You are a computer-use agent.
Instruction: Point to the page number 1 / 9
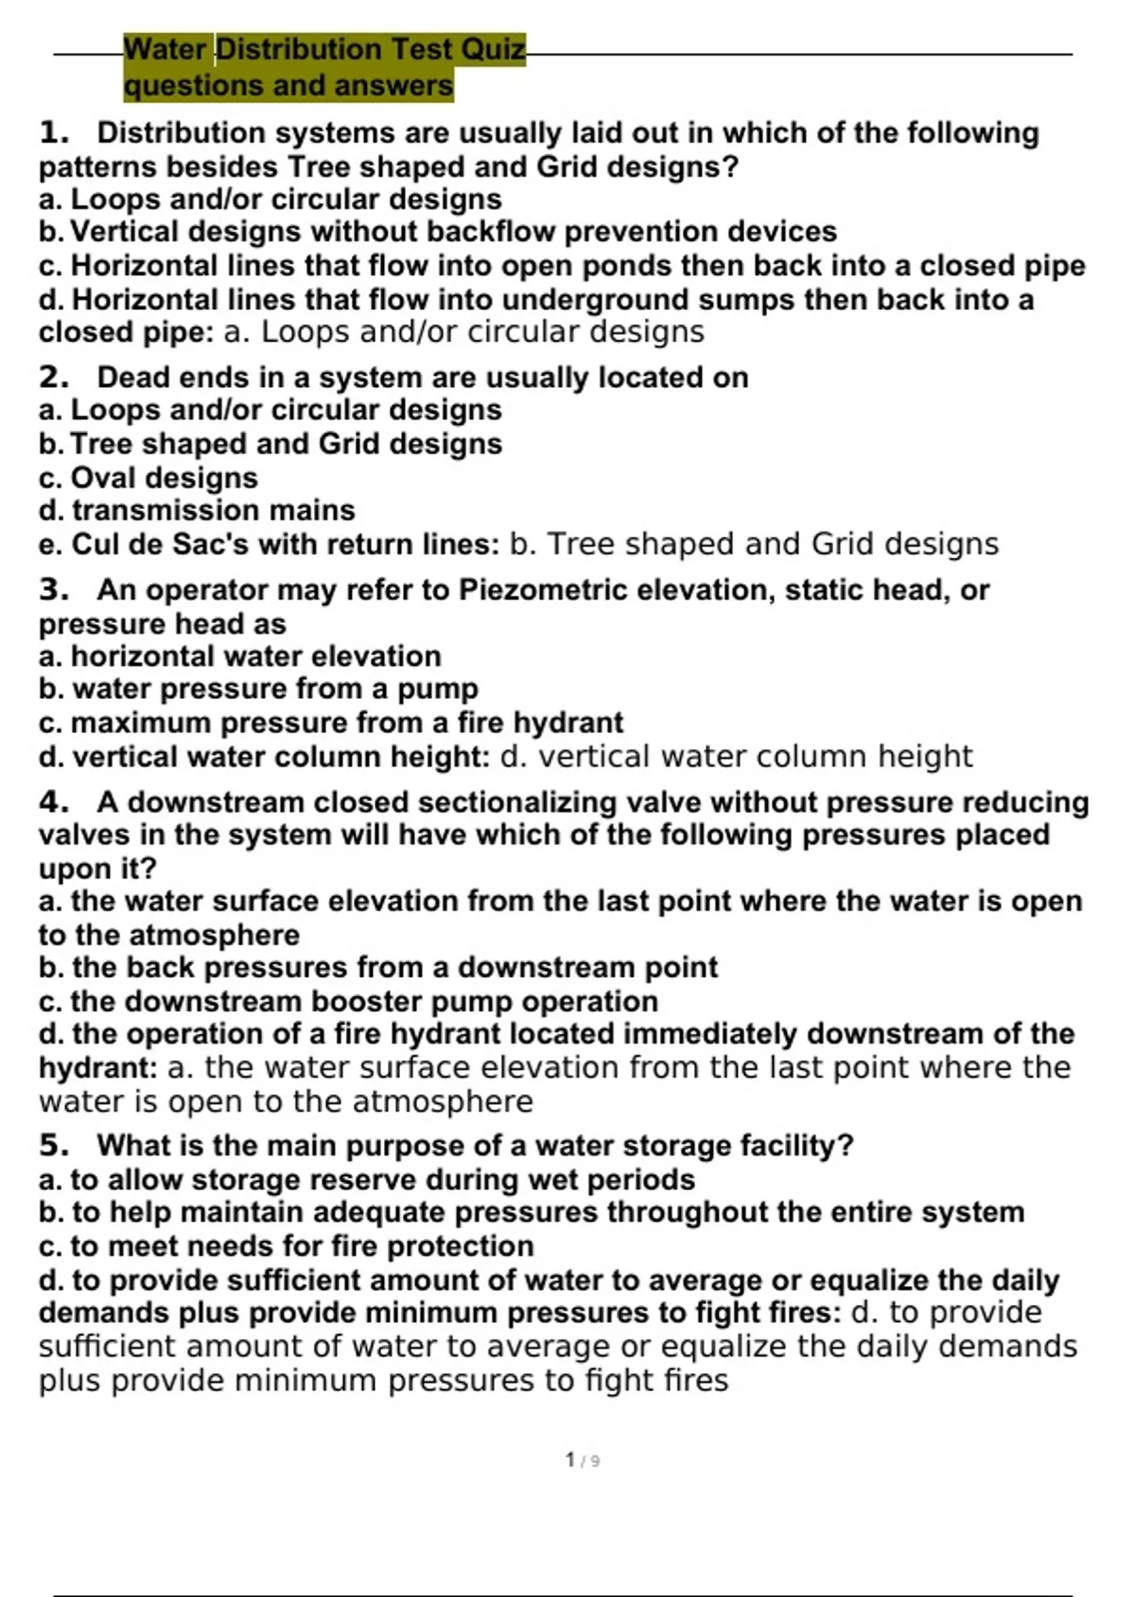click(x=582, y=1461)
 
